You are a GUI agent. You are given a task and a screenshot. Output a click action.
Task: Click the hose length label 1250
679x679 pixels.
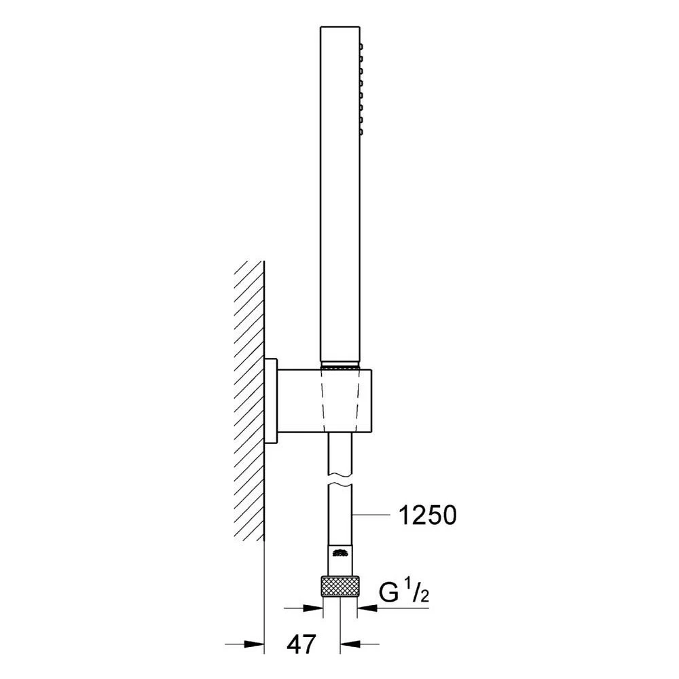[427, 516]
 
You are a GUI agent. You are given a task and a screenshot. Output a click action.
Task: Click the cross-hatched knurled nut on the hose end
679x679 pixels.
[340, 586]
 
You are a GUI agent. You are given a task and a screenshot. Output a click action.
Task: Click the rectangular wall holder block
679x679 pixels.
[326, 401]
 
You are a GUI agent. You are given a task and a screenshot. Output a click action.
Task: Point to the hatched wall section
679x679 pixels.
[249, 401]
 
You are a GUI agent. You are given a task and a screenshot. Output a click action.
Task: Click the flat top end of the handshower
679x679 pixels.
[340, 29]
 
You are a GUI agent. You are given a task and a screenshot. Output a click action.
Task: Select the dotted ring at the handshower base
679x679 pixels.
[340, 366]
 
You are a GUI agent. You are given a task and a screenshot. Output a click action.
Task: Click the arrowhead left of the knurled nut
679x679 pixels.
[314, 608]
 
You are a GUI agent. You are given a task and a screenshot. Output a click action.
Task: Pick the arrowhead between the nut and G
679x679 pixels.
[367, 608]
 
